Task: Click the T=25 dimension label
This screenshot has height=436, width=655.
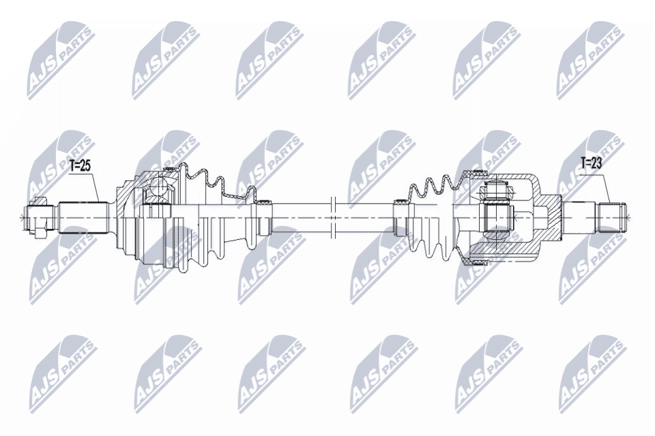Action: point(80,165)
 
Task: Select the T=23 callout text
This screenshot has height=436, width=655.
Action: point(592,163)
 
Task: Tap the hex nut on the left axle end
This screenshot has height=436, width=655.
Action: point(40,217)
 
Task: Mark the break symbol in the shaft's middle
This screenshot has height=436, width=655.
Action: point(332,217)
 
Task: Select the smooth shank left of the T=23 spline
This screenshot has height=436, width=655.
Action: point(580,217)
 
